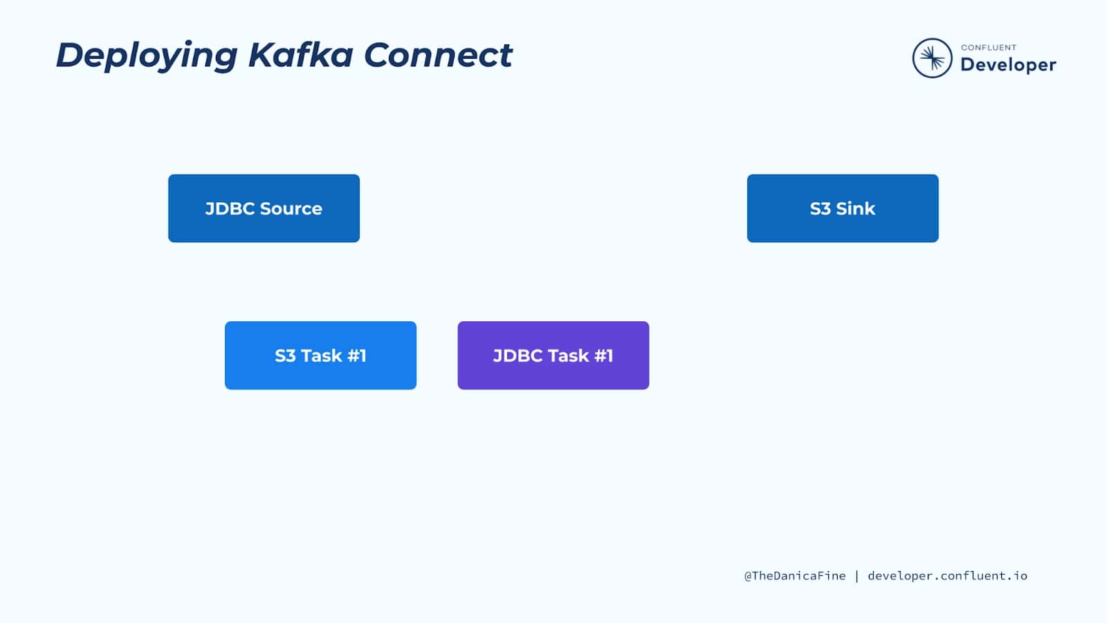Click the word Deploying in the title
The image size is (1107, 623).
[x=146, y=55]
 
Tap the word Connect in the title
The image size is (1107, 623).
[x=438, y=55]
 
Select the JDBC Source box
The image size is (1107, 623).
[x=264, y=208]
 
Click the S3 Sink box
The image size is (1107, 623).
[x=842, y=208]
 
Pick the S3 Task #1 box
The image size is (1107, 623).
[x=320, y=355]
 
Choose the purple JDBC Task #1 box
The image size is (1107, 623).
[x=553, y=355]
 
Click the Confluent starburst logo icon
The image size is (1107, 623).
[x=932, y=58]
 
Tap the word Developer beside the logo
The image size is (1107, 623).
[x=1008, y=65]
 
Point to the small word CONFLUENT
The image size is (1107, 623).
[x=989, y=48]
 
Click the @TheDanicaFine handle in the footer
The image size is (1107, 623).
[x=794, y=576]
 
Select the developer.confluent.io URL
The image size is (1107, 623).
[x=947, y=576]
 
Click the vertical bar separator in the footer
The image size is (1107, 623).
[x=857, y=576]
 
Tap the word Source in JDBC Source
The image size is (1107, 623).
[x=291, y=208]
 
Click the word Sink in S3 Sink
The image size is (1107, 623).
[x=856, y=208]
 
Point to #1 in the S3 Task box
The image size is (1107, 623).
[x=357, y=356]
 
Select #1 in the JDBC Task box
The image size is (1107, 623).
[x=604, y=356]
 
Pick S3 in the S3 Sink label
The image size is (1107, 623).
[x=820, y=208]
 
